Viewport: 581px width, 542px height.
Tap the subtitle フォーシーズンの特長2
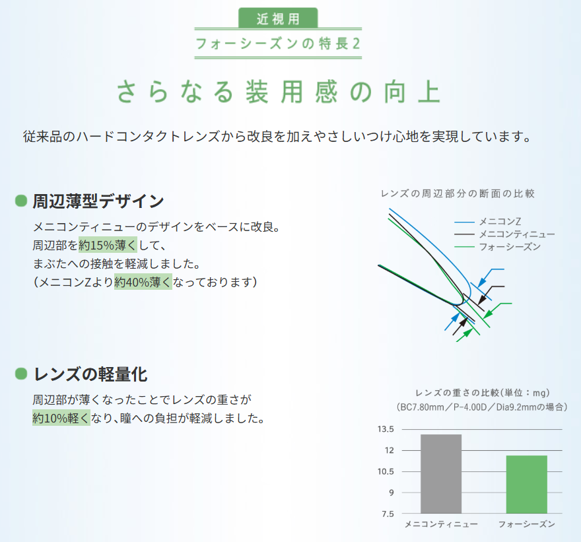tap(279, 45)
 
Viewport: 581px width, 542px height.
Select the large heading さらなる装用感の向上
tap(279, 92)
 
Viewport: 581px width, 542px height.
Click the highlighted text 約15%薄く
tap(108, 245)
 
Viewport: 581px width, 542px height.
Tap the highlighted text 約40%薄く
tap(143, 282)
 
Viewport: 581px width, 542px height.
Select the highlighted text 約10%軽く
tap(61, 418)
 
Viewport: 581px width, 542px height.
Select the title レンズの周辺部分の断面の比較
tap(458, 193)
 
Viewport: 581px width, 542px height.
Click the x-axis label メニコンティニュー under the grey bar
tap(441, 524)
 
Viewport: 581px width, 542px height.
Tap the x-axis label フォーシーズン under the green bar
tap(526, 524)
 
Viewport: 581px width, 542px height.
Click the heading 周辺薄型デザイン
tap(98, 201)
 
